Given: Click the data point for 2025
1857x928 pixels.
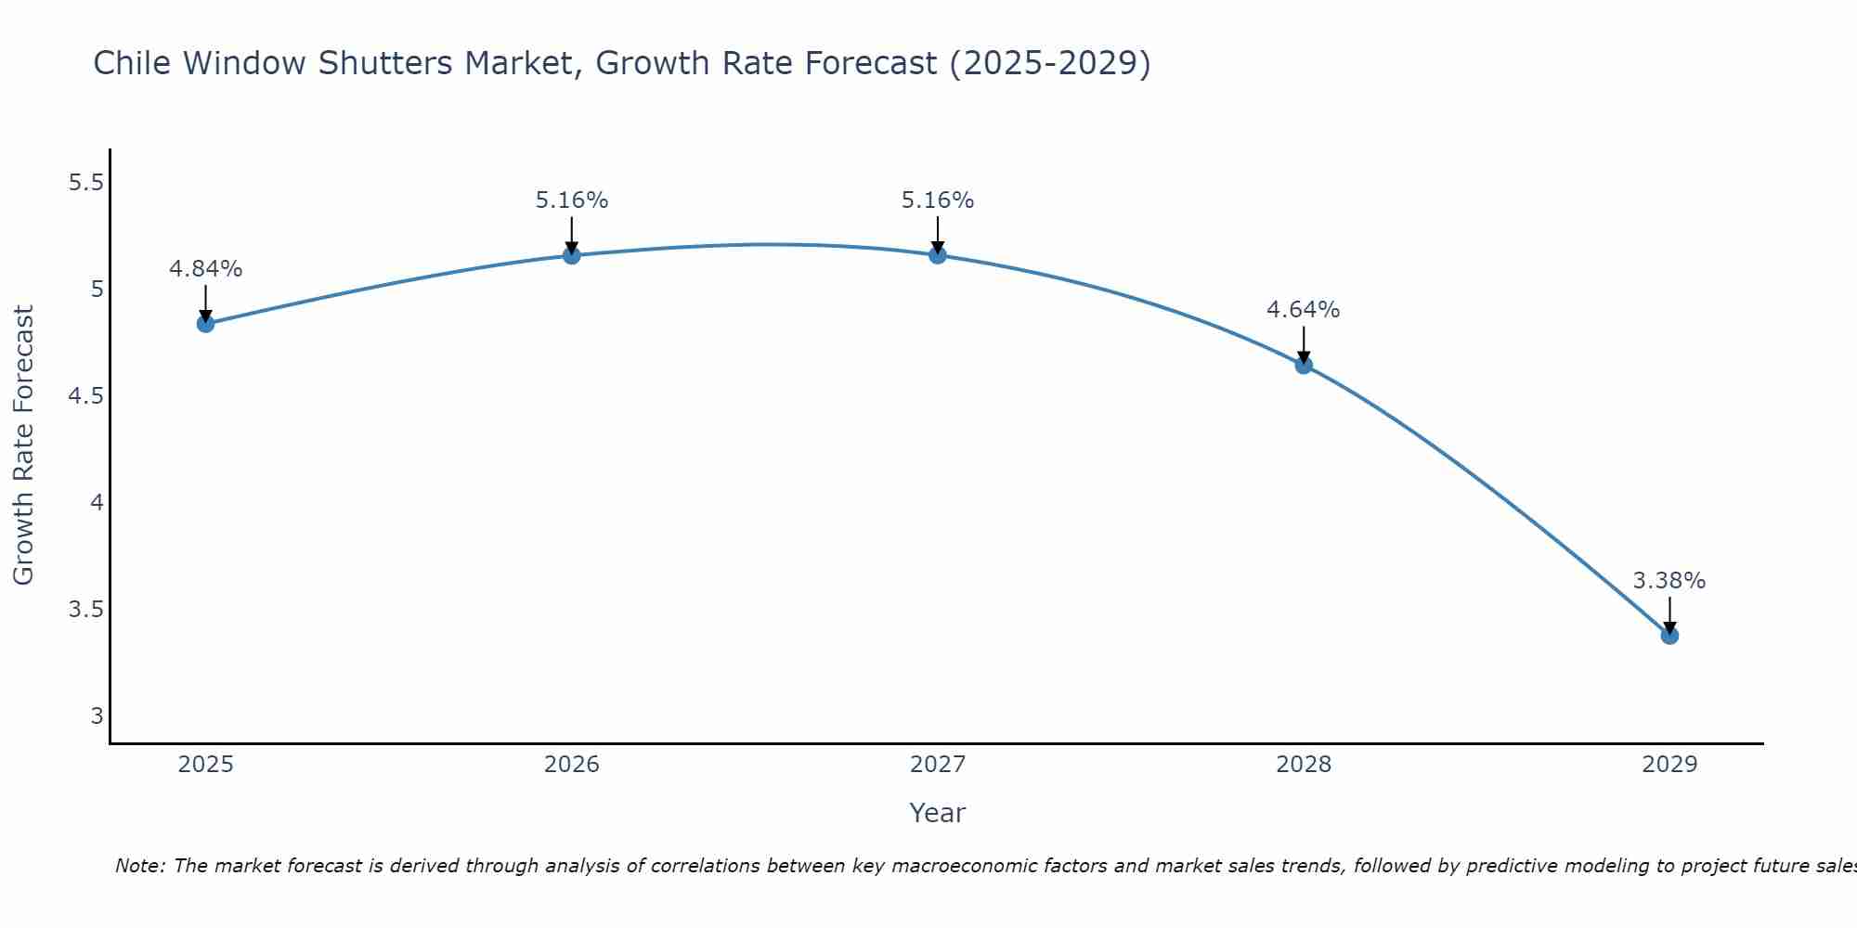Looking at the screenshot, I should (205, 324).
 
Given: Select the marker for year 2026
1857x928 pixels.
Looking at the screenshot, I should (572, 255).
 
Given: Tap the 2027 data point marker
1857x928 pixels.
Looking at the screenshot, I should (938, 255).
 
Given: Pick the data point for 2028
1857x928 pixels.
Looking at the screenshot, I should (1304, 366).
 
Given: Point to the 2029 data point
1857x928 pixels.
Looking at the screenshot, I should (1669, 636).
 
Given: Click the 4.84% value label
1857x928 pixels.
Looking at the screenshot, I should (205, 269).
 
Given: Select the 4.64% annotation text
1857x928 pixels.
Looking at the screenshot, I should (1304, 310).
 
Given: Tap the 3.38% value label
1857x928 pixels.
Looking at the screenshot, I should (1669, 581).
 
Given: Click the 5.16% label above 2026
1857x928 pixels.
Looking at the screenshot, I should (572, 200).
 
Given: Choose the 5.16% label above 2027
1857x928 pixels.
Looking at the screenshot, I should (938, 200).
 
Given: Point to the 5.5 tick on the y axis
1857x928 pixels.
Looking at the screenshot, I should (85, 183).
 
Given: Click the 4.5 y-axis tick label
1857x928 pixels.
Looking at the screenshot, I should (85, 396).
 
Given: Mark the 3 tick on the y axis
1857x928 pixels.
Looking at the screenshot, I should (97, 716).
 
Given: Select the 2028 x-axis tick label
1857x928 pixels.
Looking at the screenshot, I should (1304, 765).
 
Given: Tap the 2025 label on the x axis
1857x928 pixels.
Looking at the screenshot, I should (205, 765).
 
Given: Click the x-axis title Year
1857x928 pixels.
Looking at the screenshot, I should (938, 813).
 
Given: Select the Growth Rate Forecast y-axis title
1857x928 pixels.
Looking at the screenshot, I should (24, 445).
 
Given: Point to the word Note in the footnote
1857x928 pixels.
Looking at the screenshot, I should (139, 866).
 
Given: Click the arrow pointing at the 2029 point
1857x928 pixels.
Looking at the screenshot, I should (1669, 614).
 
